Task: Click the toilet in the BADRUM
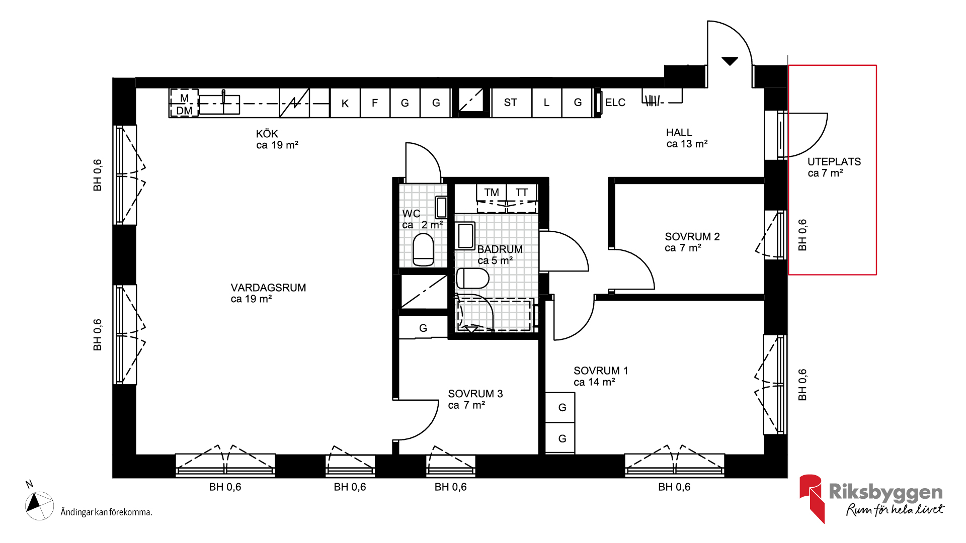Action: (x=472, y=279)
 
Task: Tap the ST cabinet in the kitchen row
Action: (x=511, y=103)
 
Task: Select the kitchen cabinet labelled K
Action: (x=345, y=103)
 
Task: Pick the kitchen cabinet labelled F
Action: (x=375, y=103)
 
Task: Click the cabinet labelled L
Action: (x=546, y=103)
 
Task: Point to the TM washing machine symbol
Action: (x=492, y=193)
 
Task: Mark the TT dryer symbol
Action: (x=522, y=193)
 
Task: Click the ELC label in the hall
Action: (x=615, y=103)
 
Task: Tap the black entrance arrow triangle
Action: (x=730, y=61)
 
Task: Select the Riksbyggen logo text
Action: (x=886, y=492)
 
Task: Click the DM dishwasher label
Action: (x=184, y=111)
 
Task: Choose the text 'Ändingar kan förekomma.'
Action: (x=106, y=512)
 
